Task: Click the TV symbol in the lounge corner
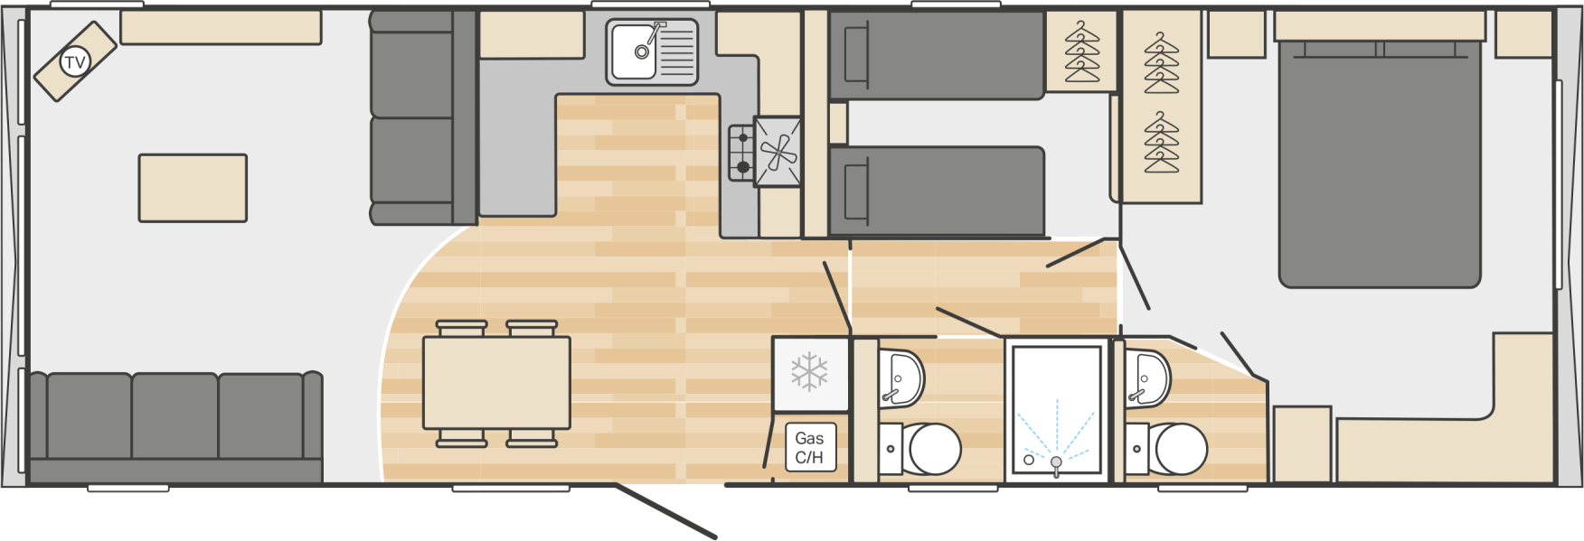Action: point(75,62)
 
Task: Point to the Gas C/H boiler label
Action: point(809,447)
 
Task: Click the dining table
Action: point(496,383)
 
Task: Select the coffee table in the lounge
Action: point(193,188)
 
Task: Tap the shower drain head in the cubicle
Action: point(1055,462)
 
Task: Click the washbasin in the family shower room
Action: point(904,378)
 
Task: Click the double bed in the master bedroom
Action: point(1379,163)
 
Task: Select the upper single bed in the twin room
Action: point(936,54)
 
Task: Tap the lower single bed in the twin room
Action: point(936,191)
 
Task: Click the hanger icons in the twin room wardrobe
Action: point(1081,51)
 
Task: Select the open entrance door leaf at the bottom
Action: point(667,512)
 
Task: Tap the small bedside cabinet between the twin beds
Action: point(838,124)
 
